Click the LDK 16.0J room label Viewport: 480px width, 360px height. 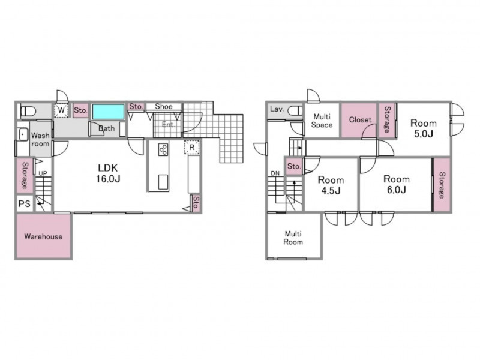click(108, 173)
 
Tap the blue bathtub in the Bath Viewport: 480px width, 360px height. click(109, 112)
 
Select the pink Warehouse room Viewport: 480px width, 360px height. click(43, 236)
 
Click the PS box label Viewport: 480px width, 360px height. click(25, 203)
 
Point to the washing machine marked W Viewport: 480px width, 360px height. click(61, 110)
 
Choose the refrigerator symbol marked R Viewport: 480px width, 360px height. click(192, 147)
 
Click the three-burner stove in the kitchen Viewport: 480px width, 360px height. click(163, 149)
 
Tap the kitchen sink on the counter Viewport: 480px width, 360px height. click(163, 182)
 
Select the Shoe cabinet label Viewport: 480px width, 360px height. click(164, 106)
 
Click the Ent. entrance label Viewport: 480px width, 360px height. click(168, 124)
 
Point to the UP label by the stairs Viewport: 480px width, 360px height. click(43, 173)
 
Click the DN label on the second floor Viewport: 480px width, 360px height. click(275, 173)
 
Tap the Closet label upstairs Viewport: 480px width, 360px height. click(361, 119)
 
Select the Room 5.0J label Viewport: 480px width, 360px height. click(424, 128)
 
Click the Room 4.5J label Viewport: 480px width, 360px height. click(331, 185)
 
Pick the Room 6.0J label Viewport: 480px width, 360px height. click(397, 184)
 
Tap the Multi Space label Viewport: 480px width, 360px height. click(322, 121)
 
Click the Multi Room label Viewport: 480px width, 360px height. click(293, 238)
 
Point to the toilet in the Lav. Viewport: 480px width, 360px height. click(295, 110)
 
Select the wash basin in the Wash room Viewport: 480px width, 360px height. click(23, 134)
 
